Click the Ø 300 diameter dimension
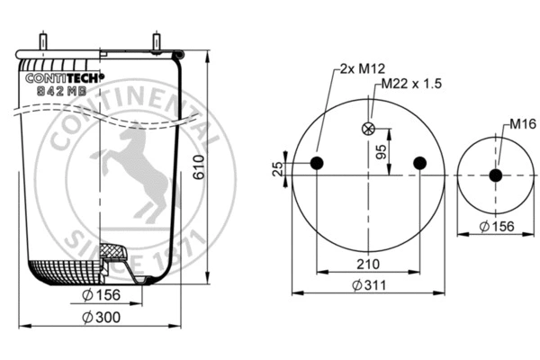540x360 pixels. pos(101,317)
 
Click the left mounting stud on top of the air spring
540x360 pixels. pos(43,42)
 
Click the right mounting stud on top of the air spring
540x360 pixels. pos(158,42)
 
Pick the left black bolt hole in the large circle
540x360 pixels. pos(317,163)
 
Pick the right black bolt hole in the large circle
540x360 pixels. pos(418,163)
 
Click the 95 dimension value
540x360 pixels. pos(381,149)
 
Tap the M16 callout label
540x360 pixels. pos(524,123)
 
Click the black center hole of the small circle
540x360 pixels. pos(495,175)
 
